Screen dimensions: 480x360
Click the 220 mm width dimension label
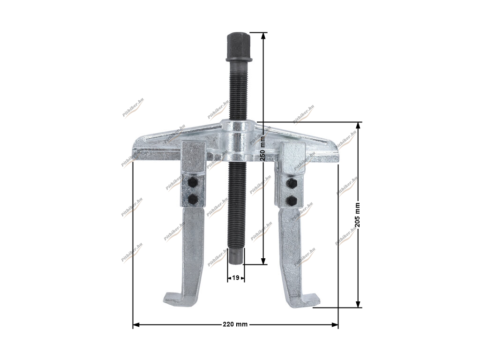pyautogui.click(x=235, y=324)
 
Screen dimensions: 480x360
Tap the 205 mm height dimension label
pyautogui.click(x=357, y=215)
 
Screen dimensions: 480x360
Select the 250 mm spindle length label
pyautogui.click(x=262, y=149)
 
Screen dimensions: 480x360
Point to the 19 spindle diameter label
pyautogui.click(x=235, y=278)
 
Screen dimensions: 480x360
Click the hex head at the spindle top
pyautogui.click(x=239, y=47)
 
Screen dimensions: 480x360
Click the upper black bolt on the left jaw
pyautogui.click(x=193, y=183)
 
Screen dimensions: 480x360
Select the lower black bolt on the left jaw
pyautogui.click(x=193, y=200)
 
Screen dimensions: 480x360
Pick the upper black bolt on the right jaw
pyautogui.click(x=291, y=183)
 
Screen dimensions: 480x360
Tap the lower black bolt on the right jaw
pyautogui.click(x=291, y=201)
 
